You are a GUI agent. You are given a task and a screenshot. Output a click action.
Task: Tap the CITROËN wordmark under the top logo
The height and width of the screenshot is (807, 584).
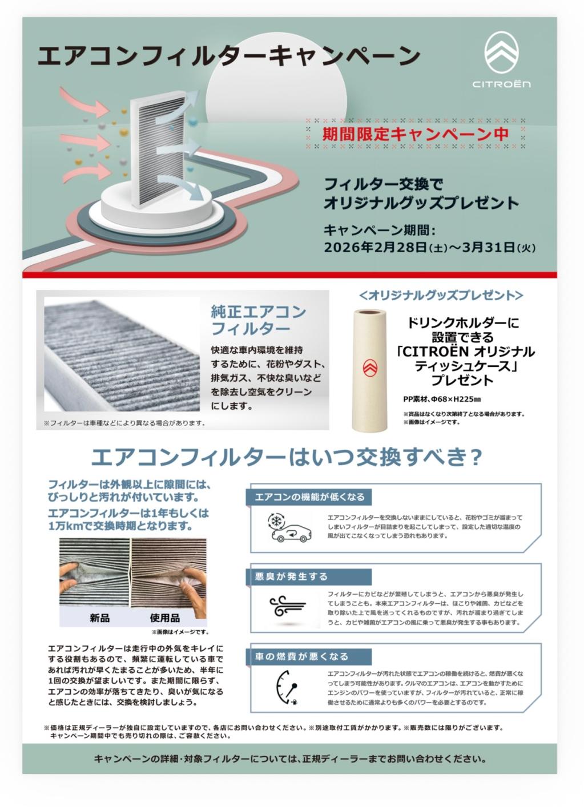[501, 84]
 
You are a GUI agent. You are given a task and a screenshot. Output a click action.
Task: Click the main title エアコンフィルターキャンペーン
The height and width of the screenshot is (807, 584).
[228, 57]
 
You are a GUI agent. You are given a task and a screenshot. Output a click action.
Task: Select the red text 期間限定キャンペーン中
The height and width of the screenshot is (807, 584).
[415, 134]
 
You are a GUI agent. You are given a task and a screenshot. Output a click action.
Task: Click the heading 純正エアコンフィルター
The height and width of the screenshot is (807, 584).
[258, 320]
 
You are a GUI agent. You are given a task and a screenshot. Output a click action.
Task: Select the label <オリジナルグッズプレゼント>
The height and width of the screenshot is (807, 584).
[441, 295]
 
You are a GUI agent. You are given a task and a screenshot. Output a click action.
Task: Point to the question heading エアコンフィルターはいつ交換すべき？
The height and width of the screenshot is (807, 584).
[287, 457]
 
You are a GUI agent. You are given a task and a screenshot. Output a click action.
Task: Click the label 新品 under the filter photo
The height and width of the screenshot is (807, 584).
[100, 618]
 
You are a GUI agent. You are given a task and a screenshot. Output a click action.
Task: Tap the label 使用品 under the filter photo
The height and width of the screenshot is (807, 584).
[165, 618]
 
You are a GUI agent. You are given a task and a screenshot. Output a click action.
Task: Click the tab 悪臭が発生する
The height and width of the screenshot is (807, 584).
[291, 576]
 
